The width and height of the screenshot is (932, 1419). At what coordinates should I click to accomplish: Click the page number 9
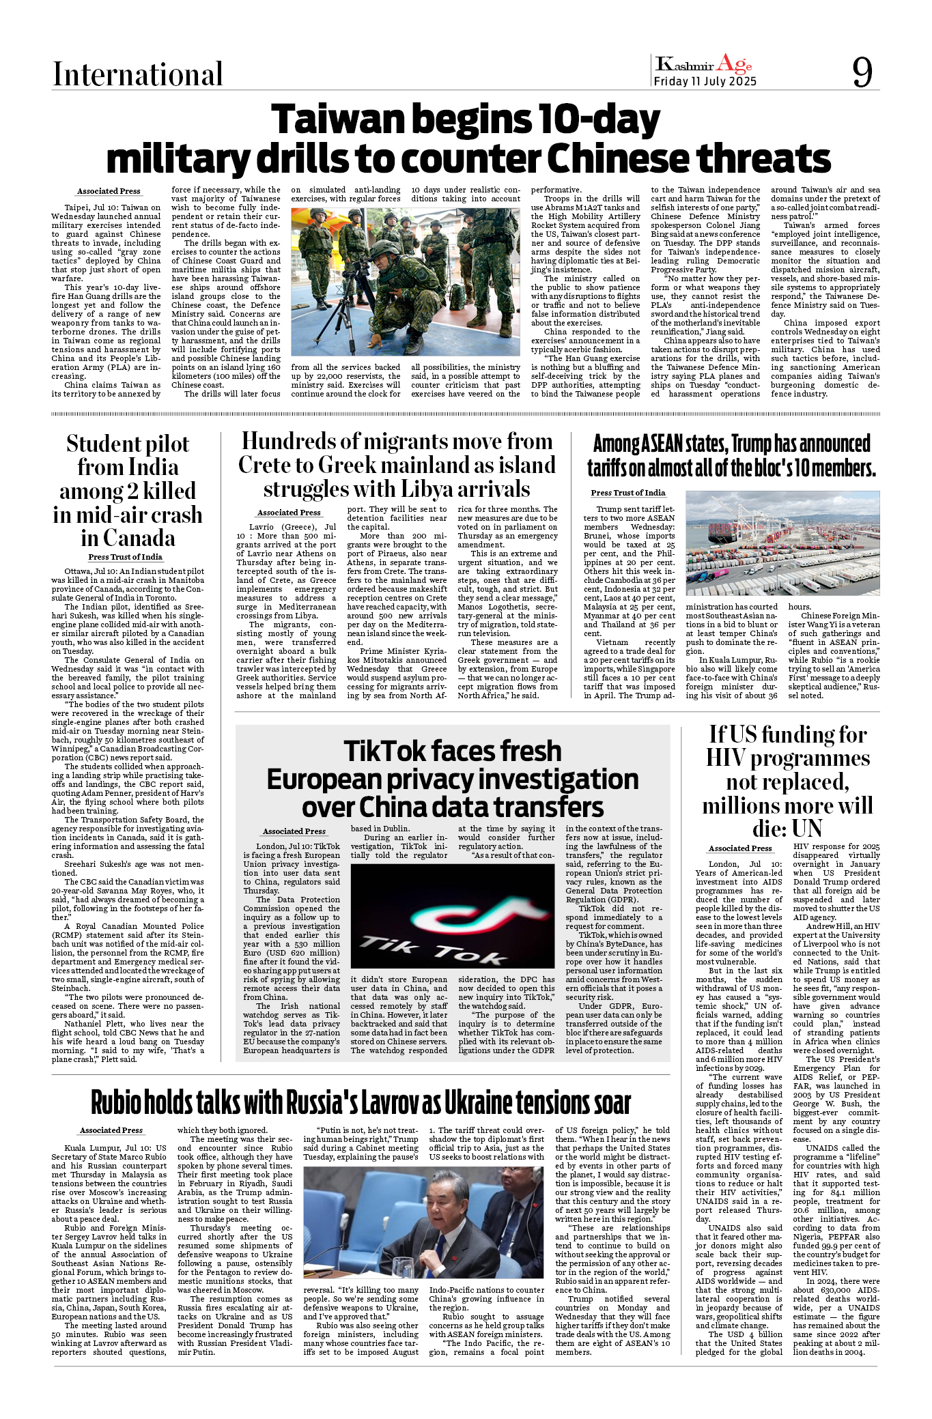[862, 72]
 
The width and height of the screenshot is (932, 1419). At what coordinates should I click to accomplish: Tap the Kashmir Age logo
[703, 65]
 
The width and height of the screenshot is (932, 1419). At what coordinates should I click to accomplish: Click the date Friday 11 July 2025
[705, 82]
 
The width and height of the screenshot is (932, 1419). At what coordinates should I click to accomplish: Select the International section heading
[138, 74]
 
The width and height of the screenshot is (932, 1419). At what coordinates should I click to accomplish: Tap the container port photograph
[782, 543]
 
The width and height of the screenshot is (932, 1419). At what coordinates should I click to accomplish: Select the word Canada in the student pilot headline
[128, 539]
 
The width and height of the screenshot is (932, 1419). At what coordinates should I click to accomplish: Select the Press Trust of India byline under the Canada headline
[125, 557]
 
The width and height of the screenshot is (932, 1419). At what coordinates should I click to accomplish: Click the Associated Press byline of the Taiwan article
[109, 192]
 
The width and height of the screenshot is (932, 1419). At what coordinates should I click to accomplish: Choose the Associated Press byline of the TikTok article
[294, 831]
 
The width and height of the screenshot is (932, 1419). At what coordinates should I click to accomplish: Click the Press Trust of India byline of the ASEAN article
[627, 493]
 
